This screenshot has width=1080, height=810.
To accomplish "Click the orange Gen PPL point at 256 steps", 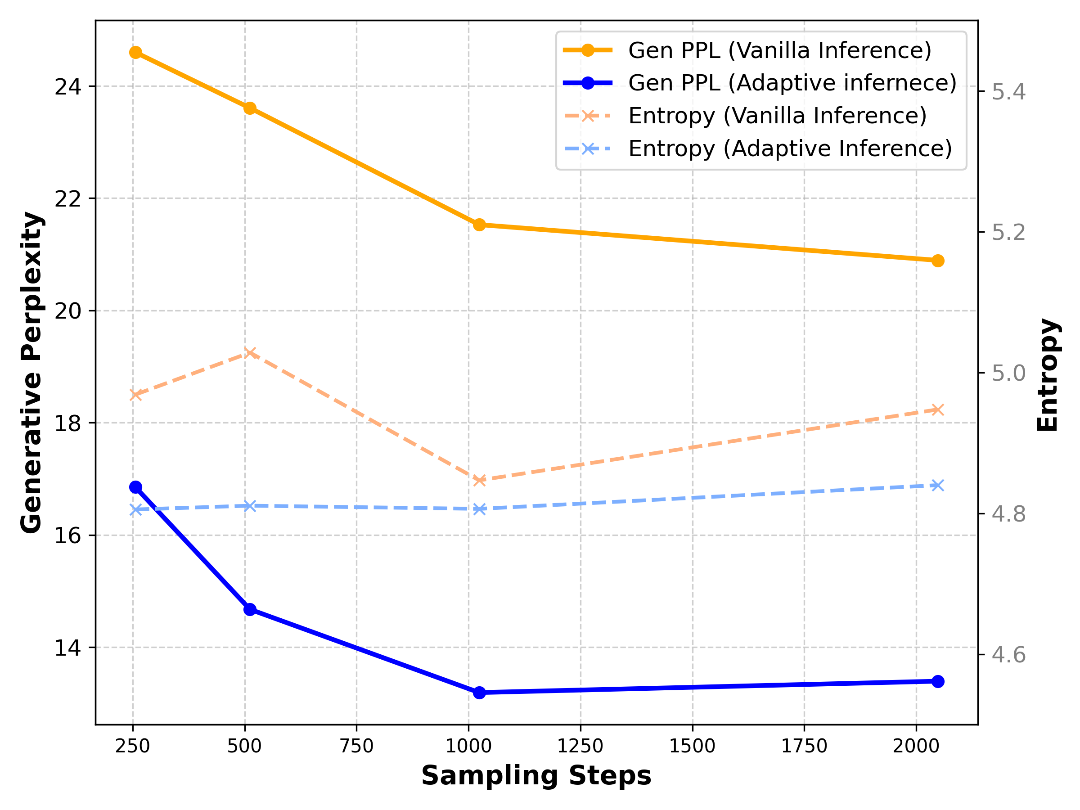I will [x=136, y=52].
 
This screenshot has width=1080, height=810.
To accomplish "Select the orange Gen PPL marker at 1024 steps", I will [x=479, y=225].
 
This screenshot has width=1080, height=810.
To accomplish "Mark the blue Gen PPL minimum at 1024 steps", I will [x=479, y=693].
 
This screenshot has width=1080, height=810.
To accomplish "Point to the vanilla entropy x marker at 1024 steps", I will [x=479, y=481].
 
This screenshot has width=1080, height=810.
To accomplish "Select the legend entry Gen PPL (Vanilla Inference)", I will [x=780, y=50].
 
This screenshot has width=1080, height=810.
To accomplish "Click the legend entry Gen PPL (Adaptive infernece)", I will [x=792, y=82].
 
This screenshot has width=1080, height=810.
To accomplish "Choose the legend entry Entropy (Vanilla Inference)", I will [x=777, y=116].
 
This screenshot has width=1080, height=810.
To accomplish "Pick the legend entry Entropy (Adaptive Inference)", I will [x=789, y=148].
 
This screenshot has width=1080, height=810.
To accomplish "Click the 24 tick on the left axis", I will [x=67, y=87].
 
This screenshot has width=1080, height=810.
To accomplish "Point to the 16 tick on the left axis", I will [x=67, y=535].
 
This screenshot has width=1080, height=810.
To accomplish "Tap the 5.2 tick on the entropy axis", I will [x=1008, y=232].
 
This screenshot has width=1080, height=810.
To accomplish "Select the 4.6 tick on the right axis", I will [x=1008, y=655].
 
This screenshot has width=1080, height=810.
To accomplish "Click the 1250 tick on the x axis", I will [x=580, y=746].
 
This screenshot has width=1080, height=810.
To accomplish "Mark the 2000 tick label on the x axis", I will [x=916, y=746].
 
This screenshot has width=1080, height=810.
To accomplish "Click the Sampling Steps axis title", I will [x=536, y=776].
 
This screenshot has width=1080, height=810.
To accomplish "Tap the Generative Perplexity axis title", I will [x=32, y=373].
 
